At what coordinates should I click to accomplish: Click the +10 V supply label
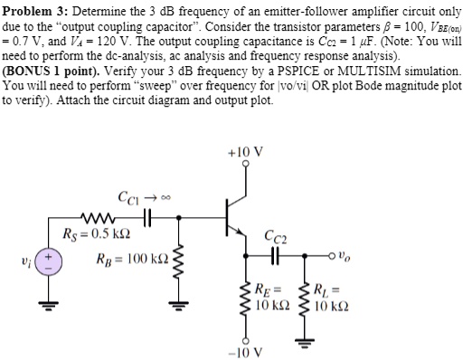(247, 152)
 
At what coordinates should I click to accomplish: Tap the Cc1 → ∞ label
(138, 196)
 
